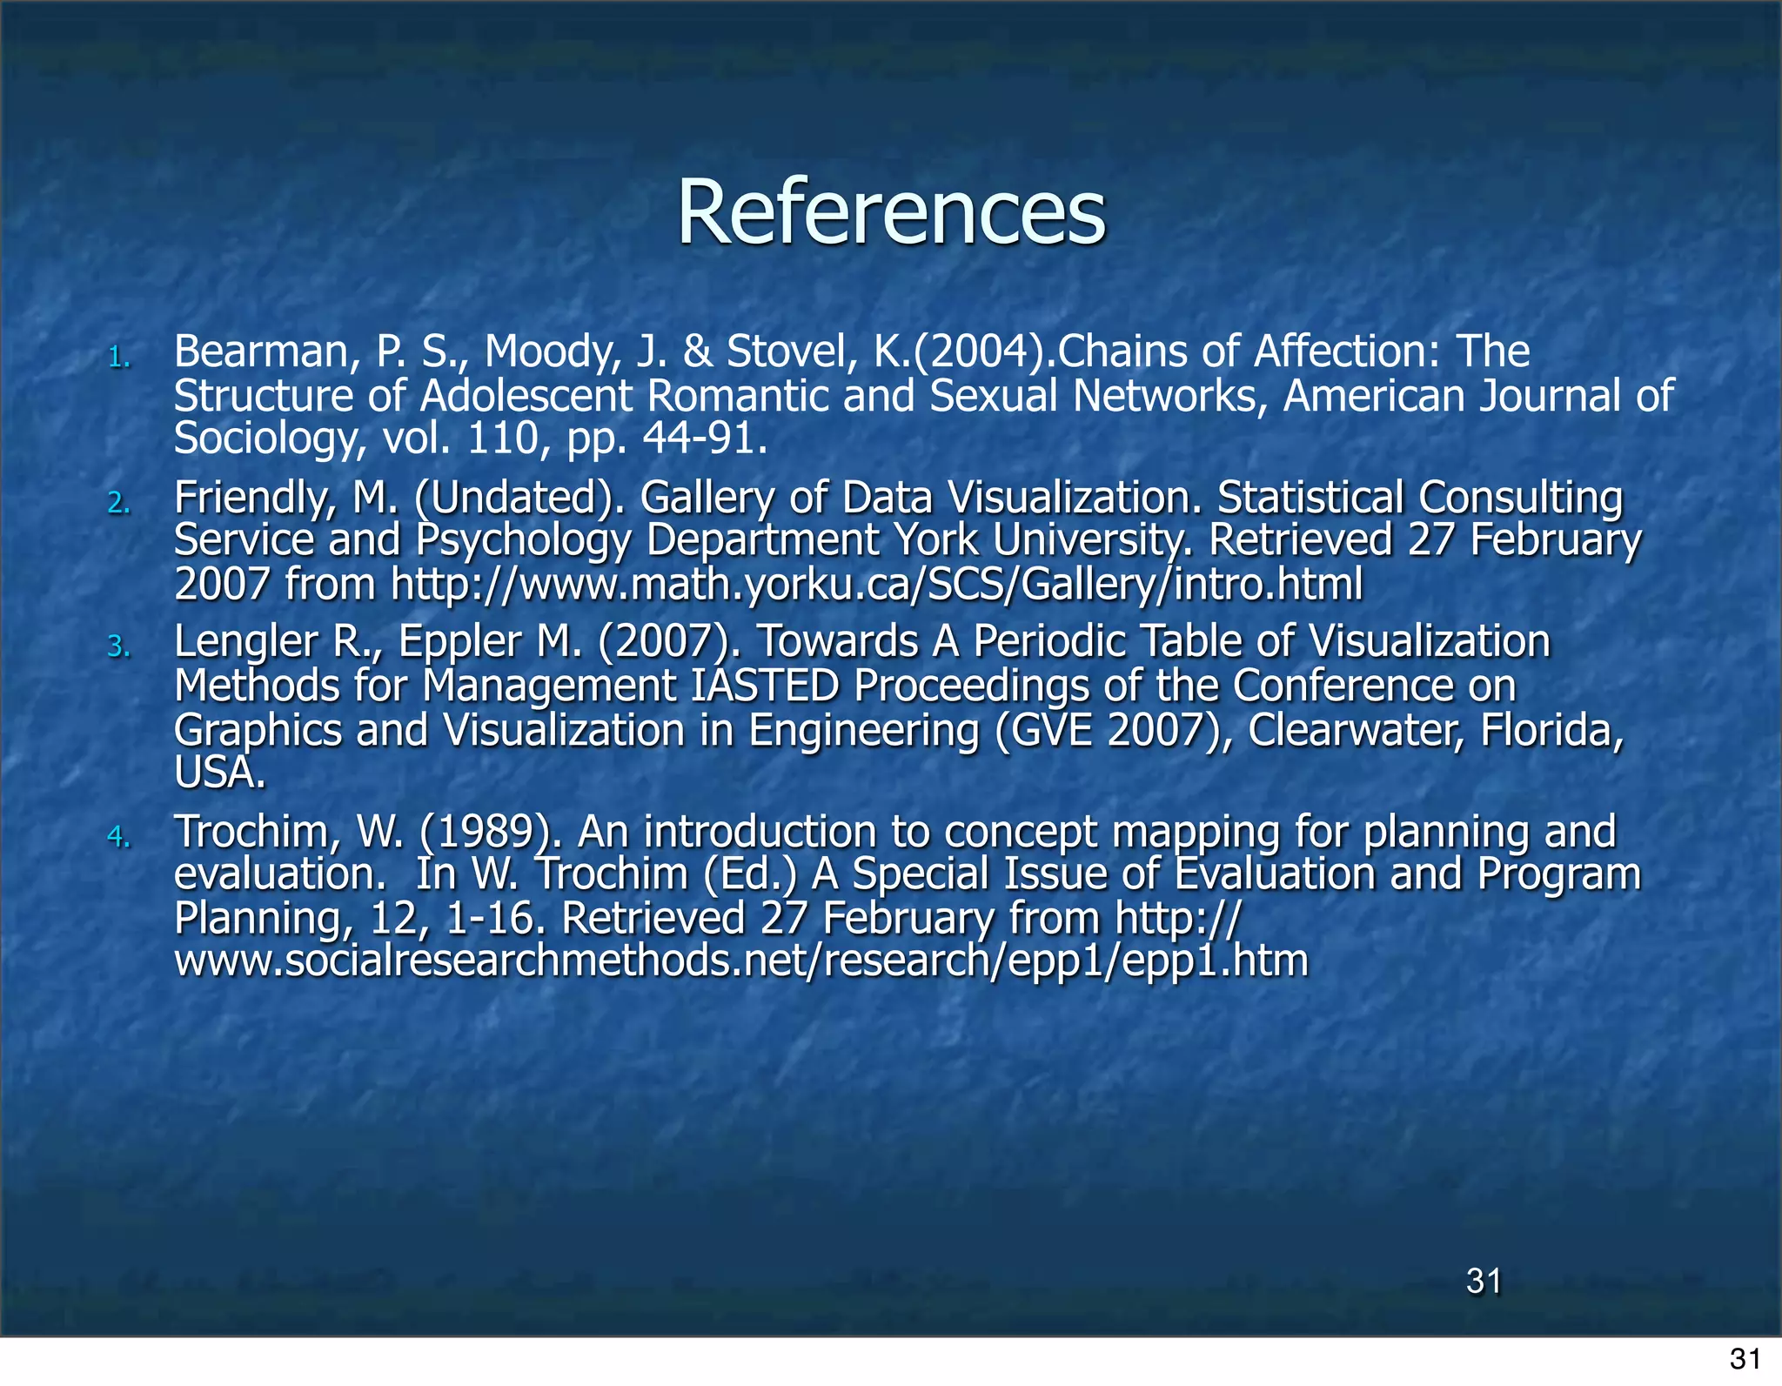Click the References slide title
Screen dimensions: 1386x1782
pyautogui.click(x=891, y=212)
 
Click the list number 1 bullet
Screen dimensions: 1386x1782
pyautogui.click(x=119, y=358)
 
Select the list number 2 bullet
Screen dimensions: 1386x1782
pyautogui.click(x=119, y=503)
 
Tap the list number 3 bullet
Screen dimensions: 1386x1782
pyautogui.click(x=119, y=646)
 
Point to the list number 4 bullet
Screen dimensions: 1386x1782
pyautogui.click(x=119, y=837)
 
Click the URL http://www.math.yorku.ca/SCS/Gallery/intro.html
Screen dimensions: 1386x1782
pyautogui.click(x=876, y=584)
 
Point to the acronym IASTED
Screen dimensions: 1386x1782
pyautogui.click(x=765, y=686)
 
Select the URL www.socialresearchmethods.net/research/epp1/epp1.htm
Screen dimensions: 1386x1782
pyautogui.click(x=741, y=961)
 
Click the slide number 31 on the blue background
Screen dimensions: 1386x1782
pyautogui.click(x=1484, y=1281)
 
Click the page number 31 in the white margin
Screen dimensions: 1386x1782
pyautogui.click(x=1745, y=1359)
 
